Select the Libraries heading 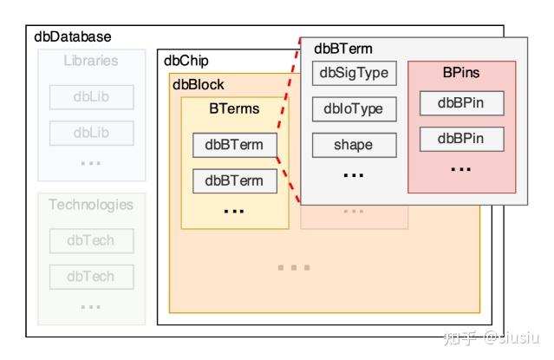(x=91, y=61)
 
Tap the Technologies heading (x=91, y=205)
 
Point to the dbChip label (x=186, y=61)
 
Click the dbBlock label (x=199, y=84)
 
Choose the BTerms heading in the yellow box (x=234, y=109)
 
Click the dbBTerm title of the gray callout (x=343, y=49)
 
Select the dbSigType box (x=354, y=73)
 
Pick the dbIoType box (x=354, y=109)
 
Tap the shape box (x=354, y=145)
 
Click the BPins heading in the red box (x=460, y=73)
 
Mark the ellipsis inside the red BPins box (x=460, y=167)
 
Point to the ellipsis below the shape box (x=354, y=174)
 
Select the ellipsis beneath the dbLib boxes (x=91, y=162)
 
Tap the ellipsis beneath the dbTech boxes (x=91, y=305)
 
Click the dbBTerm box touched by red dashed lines (x=234, y=145)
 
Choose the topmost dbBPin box (x=460, y=103)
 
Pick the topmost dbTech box (x=91, y=240)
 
